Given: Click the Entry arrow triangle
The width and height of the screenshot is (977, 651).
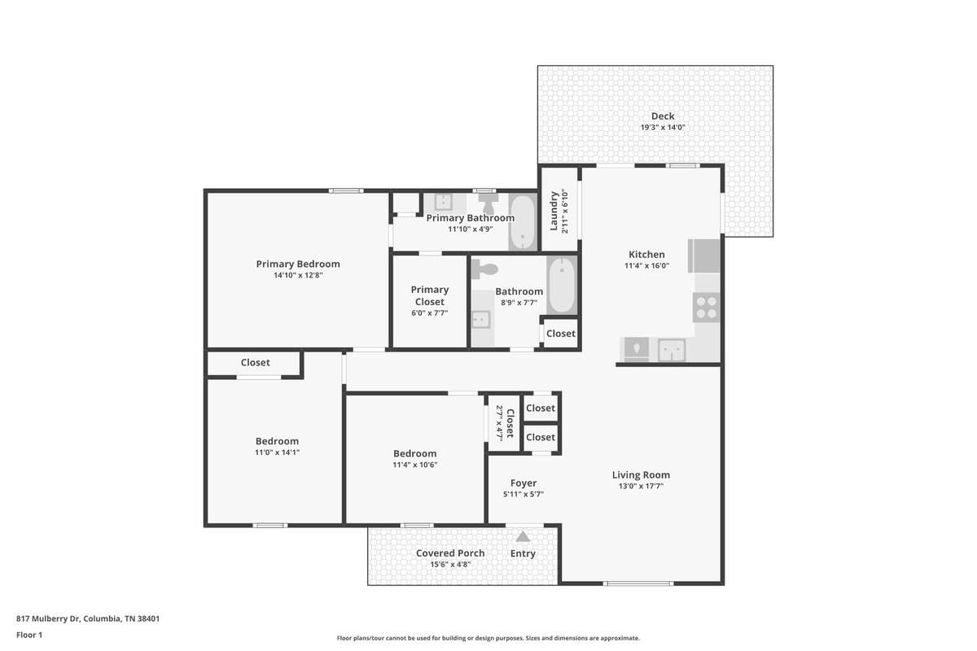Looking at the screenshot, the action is pyautogui.click(x=523, y=536).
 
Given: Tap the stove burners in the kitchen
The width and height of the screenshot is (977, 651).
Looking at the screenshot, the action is pyautogui.click(x=706, y=308).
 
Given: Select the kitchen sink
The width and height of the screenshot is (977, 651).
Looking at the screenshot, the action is pyautogui.click(x=672, y=350).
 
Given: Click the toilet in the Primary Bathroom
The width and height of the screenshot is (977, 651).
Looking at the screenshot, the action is pyautogui.click(x=488, y=203).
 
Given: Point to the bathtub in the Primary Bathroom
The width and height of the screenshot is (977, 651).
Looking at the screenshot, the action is pyautogui.click(x=523, y=222).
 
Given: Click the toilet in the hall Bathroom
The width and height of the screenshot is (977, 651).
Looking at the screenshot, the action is pyautogui.click(x=484, y=269).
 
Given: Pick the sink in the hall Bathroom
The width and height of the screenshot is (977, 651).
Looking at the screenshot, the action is pyautogui.click(x=480, y=320).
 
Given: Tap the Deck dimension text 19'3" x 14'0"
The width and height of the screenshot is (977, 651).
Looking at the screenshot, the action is pyautogui.click(x=663, y=127).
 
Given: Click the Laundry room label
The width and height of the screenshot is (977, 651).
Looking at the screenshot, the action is pyautogui.click(x=554, y=211).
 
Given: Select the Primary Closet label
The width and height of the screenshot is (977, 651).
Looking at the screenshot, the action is pyautogui.click(x=430, y=295).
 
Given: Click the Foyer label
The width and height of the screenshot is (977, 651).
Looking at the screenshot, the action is pyautogui.click(x=524, y=483).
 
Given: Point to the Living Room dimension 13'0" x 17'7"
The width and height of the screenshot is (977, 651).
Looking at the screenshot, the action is pyautogui.click(x=641, y=486).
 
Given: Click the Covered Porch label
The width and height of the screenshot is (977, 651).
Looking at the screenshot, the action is pyautogui.click(x=450, y=553).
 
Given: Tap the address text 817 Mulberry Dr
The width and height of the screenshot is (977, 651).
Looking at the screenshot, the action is pyautogui.click(x=47, y=618).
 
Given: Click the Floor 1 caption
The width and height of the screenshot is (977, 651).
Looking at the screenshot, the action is pyautogui.click(x=29, y=635).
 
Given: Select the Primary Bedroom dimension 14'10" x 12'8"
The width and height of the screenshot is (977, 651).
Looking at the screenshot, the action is pyautogui.click(x=298, y=275).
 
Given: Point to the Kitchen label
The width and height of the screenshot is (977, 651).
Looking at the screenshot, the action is pyautogui.click(x=646, y=254).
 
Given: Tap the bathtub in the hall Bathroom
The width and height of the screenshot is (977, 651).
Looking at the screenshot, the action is pyautogui.click(x=562, y=285).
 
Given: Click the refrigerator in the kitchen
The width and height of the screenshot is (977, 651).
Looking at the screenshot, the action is pyautogui.click(x=704, y=256).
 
